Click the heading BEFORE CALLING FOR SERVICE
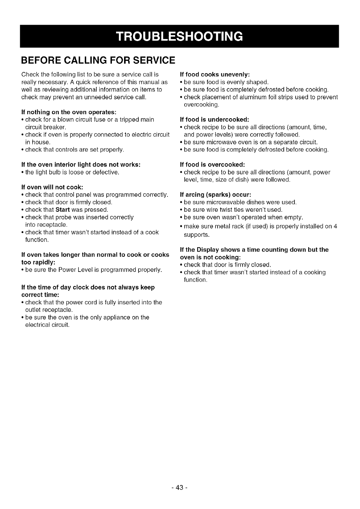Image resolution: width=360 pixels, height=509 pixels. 98,60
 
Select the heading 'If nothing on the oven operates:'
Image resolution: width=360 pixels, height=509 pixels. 68,112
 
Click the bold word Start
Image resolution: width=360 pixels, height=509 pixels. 63,210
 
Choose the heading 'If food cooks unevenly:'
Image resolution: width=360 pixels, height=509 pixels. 215,74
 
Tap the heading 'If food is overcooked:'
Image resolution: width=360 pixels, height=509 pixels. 213,164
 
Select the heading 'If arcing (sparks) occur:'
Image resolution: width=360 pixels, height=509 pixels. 215,195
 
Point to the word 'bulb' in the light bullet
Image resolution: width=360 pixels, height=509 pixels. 58,172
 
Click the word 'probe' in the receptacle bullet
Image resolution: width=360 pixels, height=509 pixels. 64,217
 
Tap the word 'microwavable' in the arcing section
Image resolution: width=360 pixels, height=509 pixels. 227,202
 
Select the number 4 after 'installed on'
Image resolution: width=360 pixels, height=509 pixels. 335,227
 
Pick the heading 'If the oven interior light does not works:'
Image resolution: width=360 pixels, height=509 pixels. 81,164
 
